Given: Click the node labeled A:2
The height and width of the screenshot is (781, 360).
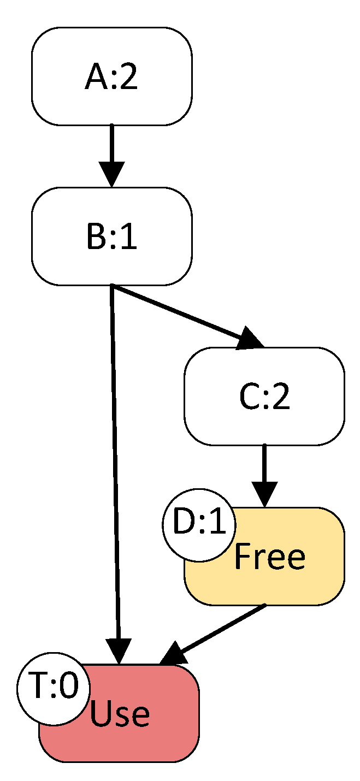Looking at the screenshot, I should pos(111,76).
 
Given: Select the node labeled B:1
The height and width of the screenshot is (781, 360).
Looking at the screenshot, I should pos(111,236).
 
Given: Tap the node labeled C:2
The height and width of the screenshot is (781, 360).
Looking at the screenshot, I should pos(264,397).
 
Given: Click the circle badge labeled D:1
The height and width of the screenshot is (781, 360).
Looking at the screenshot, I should pos(199,525).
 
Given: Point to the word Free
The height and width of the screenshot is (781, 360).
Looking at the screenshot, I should pos(269,558).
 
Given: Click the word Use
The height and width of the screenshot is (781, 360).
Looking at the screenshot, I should pos(120,714).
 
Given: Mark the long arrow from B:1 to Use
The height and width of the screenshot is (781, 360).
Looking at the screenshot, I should pos(115,464).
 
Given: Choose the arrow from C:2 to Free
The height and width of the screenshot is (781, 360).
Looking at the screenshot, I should pos(264,470).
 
